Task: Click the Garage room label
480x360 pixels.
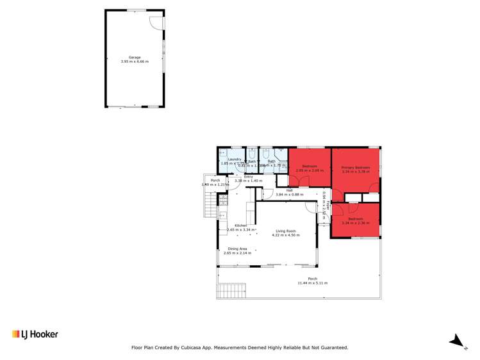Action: point(135,58)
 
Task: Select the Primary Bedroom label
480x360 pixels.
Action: point(356,167)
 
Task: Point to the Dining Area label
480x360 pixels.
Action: point(237,249)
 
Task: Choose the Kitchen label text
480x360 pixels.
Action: point(240,225)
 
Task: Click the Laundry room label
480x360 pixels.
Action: point(234,159)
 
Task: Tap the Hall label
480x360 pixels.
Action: point(289,190)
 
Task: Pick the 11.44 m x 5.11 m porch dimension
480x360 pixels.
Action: point(312,283)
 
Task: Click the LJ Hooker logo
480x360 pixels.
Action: point(35,334)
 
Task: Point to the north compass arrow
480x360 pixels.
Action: point(456,340)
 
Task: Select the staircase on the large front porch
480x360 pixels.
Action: point(231,291)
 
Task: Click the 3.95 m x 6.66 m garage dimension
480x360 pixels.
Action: point(135,62)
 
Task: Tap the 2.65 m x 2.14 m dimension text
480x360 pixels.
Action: point(237,253)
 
